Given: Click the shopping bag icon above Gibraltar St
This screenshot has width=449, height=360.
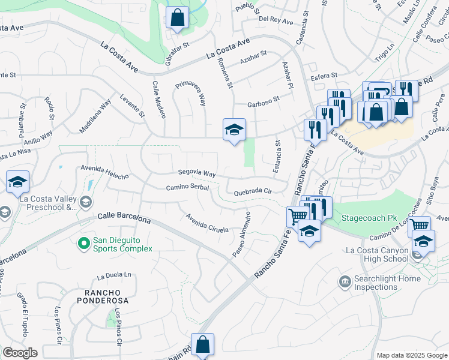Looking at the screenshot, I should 177,17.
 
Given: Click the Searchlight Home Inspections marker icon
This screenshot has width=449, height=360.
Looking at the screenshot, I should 345,281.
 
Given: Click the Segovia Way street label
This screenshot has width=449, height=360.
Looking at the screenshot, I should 196,173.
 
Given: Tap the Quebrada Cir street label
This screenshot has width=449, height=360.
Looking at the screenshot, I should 253,192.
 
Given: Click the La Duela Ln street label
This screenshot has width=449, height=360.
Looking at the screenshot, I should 113,275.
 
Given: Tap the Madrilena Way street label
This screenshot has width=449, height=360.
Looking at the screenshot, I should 95,116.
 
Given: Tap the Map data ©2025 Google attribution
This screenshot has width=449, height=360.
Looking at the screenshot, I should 411,355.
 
